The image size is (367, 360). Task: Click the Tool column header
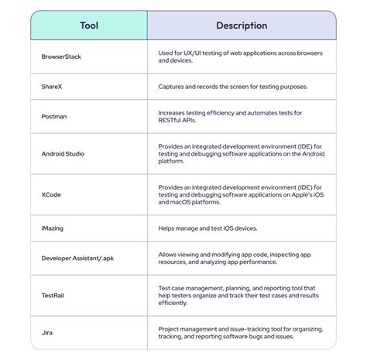pyautogui.click(x=89, y=26)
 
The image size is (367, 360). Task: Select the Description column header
pyautogui.click(x=242, y=26)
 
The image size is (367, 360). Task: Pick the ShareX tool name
pyautogui.click(x=53, y=87)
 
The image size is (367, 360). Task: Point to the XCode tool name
pyautogui.click(x=53, y=194)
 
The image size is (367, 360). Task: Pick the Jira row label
pyautogui.click(x=48, y=332)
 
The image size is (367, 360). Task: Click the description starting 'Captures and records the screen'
pyautogui.click(x=232, y=87)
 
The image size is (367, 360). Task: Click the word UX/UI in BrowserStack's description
pyautogui.click(x=194, y=53)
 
